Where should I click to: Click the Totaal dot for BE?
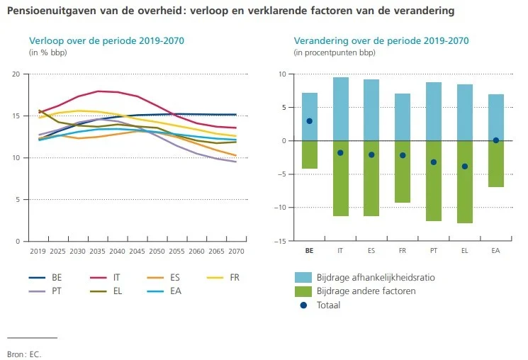click(310, 121)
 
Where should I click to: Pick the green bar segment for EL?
click(464, 182)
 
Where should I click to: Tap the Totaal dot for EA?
click(495, 140)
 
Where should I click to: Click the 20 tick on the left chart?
click(16, 74)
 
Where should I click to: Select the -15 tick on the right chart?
click(281, 242)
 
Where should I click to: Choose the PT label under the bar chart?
click(433, 251)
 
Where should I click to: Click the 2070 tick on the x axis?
click(237, 251)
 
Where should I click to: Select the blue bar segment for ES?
click(371, 110)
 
